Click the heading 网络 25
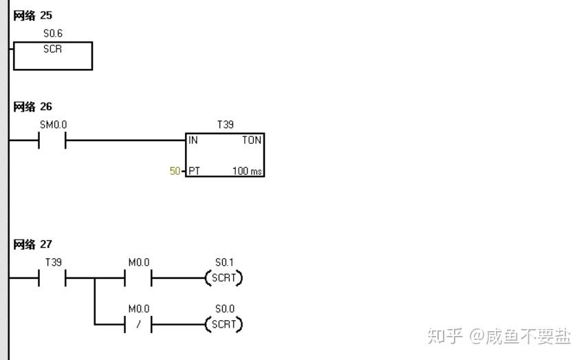(x=33, y=15)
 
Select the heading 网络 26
(x=33, y=107)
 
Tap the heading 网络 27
(x=33, y=244)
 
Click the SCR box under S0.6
(x=53, y=56)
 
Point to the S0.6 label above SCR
(x=53, y=33)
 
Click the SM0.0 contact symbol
(x=52, y=141)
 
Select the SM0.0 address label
(x=53, y=125)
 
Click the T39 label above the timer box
(x=225, y=125)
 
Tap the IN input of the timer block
(x=193, y=140)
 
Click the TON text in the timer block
(x=252, y=140)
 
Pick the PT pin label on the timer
(x=194, y=170)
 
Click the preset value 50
(x=175, y=170)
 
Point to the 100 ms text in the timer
(x=248, y=170)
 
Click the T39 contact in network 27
(x=52, y=279)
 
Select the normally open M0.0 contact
(x=138, y=279)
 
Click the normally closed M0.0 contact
(x=138, y=324)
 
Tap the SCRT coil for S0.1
(x=224, y=279)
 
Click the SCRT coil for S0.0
(x=224, y=324)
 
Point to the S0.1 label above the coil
(x=224, y=262)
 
